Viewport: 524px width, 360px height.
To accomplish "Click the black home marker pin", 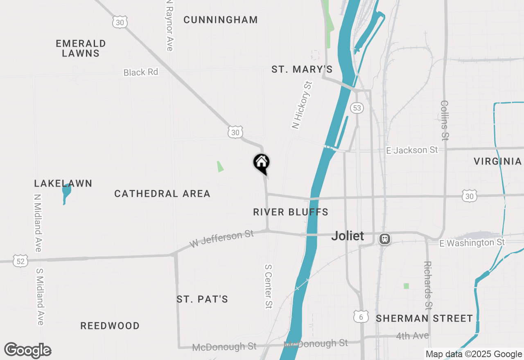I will pos(261,163).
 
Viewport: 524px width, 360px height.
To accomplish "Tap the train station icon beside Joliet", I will pos(384,239).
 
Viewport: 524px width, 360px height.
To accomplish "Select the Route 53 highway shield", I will pos(357,108).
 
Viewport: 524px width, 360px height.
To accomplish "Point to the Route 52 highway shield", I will pos(20,261).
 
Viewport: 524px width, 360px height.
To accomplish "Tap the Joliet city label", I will pos(348,236).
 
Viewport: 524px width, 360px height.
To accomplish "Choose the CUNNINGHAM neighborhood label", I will pos(221,20).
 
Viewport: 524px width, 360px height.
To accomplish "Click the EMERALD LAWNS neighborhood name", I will pos(81,48).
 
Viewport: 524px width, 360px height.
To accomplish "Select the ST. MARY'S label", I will pos(302,70).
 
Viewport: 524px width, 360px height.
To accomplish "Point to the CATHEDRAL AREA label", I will pos(162,193).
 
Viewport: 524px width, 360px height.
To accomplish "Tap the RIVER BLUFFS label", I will pos(291,212).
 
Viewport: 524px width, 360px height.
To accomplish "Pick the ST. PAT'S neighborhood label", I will pos(202,299).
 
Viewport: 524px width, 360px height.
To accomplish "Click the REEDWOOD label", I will pos(110,326).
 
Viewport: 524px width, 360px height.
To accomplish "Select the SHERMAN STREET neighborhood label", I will pos(425,318).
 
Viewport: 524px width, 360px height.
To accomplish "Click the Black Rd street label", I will pos(141,72).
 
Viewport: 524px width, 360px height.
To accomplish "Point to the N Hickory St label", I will pos(302,105).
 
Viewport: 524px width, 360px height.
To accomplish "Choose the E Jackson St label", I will pos(412,150).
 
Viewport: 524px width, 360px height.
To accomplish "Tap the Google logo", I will pos(28,351).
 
